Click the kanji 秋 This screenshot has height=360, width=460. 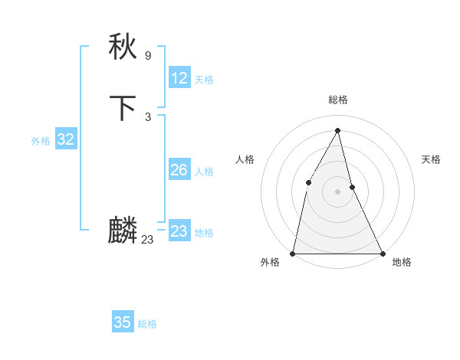[123, 47]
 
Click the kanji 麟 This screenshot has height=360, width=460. [123, 231]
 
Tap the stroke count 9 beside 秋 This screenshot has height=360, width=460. [148, 56]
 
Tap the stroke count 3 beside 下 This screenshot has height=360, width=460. [148, 116]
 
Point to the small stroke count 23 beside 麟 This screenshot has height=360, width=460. [147, 240]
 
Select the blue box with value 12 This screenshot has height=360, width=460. [179, 78]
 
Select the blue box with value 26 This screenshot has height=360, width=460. [179, 170]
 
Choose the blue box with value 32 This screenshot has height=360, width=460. [65, 139]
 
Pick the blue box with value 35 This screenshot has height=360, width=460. [123, 322]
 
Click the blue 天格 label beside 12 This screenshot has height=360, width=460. [204, 80]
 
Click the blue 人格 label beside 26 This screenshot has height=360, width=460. [204, 172]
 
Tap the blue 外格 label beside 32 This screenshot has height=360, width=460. [41, 141]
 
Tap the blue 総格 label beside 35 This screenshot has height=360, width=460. [147, 324]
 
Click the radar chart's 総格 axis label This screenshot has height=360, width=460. [338, 100]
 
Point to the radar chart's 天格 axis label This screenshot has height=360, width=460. [431, 159]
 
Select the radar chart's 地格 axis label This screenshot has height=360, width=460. [402, 263]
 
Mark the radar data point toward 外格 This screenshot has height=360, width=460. [293, 253]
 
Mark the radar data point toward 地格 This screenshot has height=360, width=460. [382, 253]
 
